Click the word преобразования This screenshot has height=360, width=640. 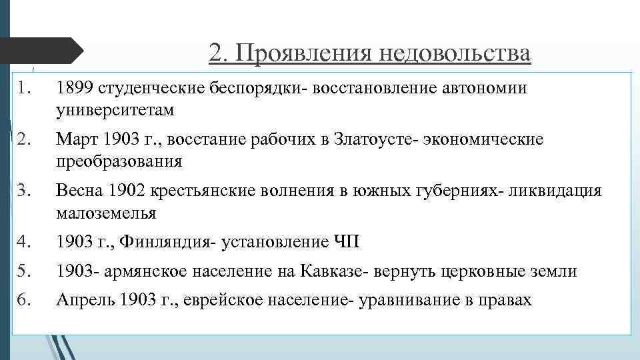coord(119,161)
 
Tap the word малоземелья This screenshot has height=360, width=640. coord(106,213)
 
